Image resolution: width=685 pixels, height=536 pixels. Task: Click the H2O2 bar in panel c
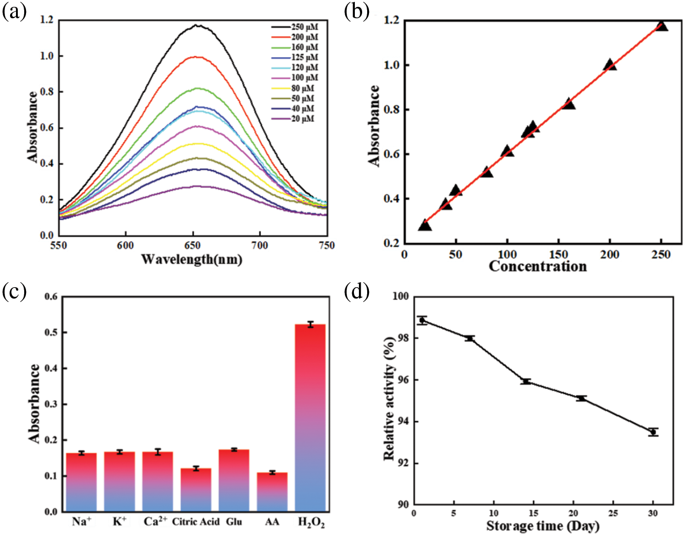tap(310, 418)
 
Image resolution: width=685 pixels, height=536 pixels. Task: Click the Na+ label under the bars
tap(82, 521)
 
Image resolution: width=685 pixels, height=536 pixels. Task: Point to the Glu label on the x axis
tap(234, 521)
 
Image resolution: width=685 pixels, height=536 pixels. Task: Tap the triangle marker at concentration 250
tap(661, 26)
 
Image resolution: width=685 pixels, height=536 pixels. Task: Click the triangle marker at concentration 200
tap(610, 65)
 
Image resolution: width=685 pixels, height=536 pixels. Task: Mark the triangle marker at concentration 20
tap(425, 225)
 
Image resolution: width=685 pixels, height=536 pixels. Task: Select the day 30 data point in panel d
tap(653, 432)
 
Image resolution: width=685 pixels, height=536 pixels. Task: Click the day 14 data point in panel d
tap(526, 381)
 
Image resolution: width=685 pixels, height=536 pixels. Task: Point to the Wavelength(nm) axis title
tap(191, 259)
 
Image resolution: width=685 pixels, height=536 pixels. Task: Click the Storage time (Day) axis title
tap(543, 526)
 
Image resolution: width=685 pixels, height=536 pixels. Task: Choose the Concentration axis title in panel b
tap(537, 266)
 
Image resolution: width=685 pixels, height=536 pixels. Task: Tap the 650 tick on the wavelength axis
tap(193, 246)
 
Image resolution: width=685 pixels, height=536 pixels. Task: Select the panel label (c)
tap(15, 291)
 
